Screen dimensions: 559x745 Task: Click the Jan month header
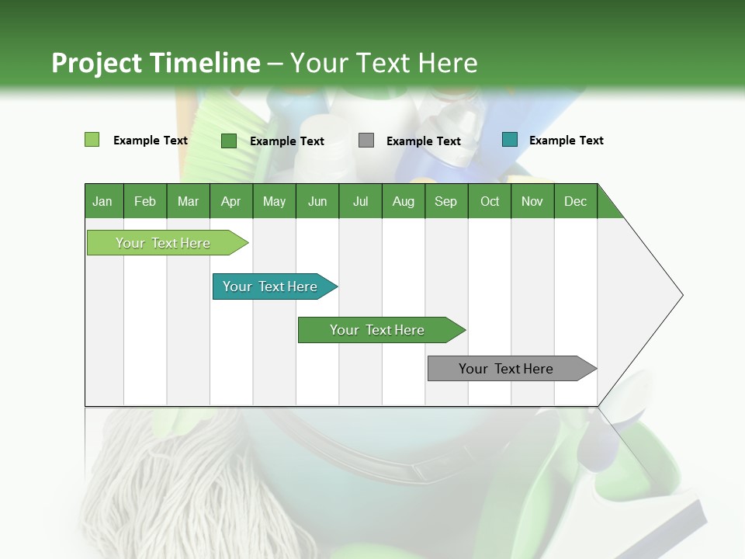pyautogui.click(x=103, y=201)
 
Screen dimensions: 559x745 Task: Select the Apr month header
pyautogui.click(x=231, y=201)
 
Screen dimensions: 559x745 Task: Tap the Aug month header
pyautogui.click(x=404, y=201)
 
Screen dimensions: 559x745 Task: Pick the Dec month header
pyautogui.click(x=575, y=201)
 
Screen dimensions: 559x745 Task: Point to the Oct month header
pyautogui.click(x=490, y=201)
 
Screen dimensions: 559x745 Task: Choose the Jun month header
pyautogui.click(x=317, y=201)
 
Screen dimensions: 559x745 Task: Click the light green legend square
pyautogui.click(x=92, y=140)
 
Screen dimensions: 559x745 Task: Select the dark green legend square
pyautogui.click(x=228, y=141)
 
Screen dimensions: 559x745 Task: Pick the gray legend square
pyautogui.click(x=366, y=141)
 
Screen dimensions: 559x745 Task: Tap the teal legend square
pyautogui.click(x=509, y=140)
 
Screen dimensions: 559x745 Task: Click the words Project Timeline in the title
pyautogui.click(x=155, y=63)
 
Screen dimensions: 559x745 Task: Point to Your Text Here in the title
pyautogui.click(x=383, y=63)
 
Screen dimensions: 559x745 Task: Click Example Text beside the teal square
pyautogui.click(x=566, y=141)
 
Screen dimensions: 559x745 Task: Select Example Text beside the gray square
pyautogui.click(x=423, y=141)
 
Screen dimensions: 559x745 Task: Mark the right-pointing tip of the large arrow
pyautogui.click(x=681, y=295)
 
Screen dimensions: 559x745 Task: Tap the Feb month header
pyautogui.click(x=145, y=201)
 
